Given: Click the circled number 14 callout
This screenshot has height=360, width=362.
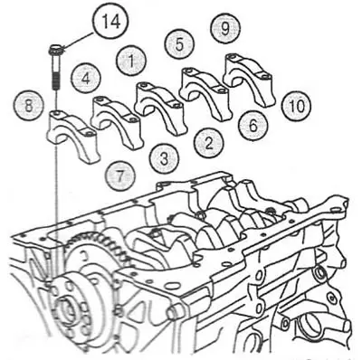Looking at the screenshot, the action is point(110,22).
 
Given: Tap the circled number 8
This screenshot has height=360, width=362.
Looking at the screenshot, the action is point(28,106).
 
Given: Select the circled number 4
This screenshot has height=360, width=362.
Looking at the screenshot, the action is point(86,79).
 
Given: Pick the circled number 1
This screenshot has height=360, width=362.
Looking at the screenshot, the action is point(131,62).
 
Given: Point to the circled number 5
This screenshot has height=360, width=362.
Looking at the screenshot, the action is point(179,44).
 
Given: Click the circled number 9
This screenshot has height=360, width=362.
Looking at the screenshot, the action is point(225,28).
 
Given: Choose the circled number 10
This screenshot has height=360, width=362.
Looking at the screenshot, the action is point(297,106).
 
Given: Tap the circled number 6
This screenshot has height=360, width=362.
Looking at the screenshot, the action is point(253,125).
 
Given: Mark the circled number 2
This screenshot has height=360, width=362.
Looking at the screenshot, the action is point(208,143).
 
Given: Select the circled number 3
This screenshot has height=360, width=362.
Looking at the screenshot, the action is point(164,158).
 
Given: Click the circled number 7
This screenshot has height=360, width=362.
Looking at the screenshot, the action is point(120,175).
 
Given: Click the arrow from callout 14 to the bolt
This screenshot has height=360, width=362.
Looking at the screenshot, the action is point(80,40).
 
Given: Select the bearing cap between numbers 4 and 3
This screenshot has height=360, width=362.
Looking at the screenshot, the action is point(117,121).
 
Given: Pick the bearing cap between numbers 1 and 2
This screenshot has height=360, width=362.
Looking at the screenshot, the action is point(158,107).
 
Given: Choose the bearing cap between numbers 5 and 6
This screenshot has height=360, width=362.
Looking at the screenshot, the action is point(205,92).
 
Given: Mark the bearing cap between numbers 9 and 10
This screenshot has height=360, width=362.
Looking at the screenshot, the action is point(250,79).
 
